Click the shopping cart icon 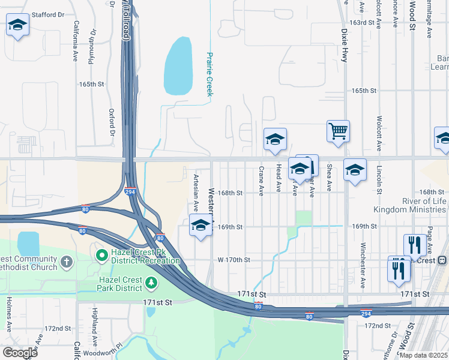click(339, 130)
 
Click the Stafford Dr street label click(48, 14)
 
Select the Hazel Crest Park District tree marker click(151, 282)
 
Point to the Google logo click(20, 352)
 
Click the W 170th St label click(234, 260)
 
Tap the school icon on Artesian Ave click(201, 226)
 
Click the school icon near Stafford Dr click(17, 25)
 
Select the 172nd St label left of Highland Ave click(58, 329)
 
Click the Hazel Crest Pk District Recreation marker click(102, 256)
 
